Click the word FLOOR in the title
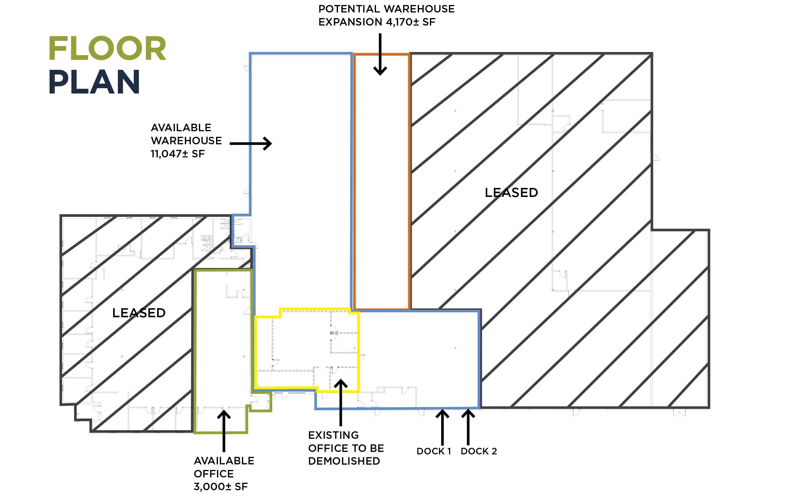108,48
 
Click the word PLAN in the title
94,82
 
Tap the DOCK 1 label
433,451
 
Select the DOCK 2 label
479,451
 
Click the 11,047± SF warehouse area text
178,154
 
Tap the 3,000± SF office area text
220,486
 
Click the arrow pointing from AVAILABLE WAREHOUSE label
251,144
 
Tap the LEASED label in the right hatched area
511,193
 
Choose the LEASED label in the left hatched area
139,313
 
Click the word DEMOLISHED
344,461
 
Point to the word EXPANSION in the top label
350,22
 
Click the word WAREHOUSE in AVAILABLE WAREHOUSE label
186,141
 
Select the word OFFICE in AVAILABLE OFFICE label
214,474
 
